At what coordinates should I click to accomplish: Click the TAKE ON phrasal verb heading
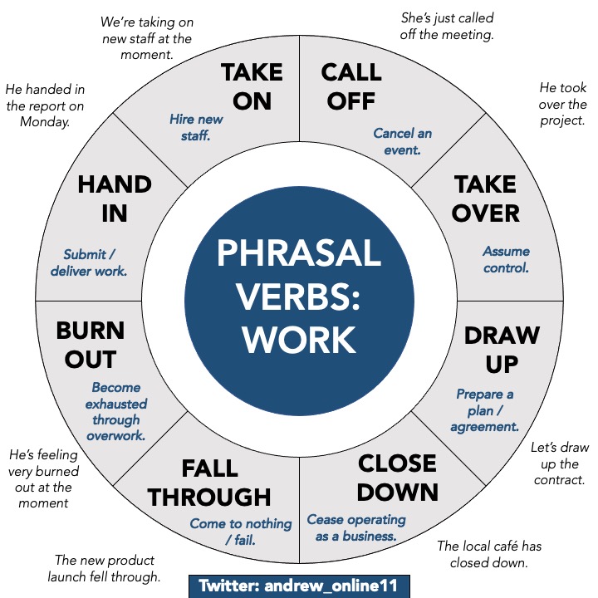(252, 86)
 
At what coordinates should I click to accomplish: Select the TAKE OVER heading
(485, 198)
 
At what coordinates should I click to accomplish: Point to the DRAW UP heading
(502, 349)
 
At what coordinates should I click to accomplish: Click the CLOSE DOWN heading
(397, 477)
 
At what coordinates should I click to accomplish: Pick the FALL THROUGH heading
(210, 482)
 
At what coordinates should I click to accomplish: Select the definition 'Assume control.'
(506, 259)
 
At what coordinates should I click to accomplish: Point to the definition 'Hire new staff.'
(196, 127)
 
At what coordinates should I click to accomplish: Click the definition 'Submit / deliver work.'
(96, 262)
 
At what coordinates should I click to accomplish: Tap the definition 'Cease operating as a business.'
(356, 527)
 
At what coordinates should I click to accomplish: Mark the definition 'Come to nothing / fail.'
(241, 532)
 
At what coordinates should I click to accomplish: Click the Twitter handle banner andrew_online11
(299, 585)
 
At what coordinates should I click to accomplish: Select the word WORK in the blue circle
(299, 339)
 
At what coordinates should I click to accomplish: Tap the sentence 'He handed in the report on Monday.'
(45, 105)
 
